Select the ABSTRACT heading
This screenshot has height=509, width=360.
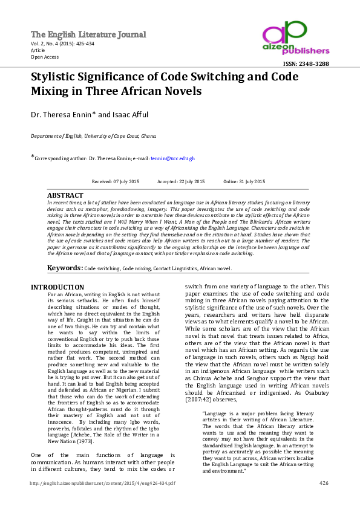pos(65,196)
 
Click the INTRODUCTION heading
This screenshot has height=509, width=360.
pos(57,287)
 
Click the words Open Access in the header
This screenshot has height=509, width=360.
pos(45,57)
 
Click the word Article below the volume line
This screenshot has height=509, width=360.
pos(39,51)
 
